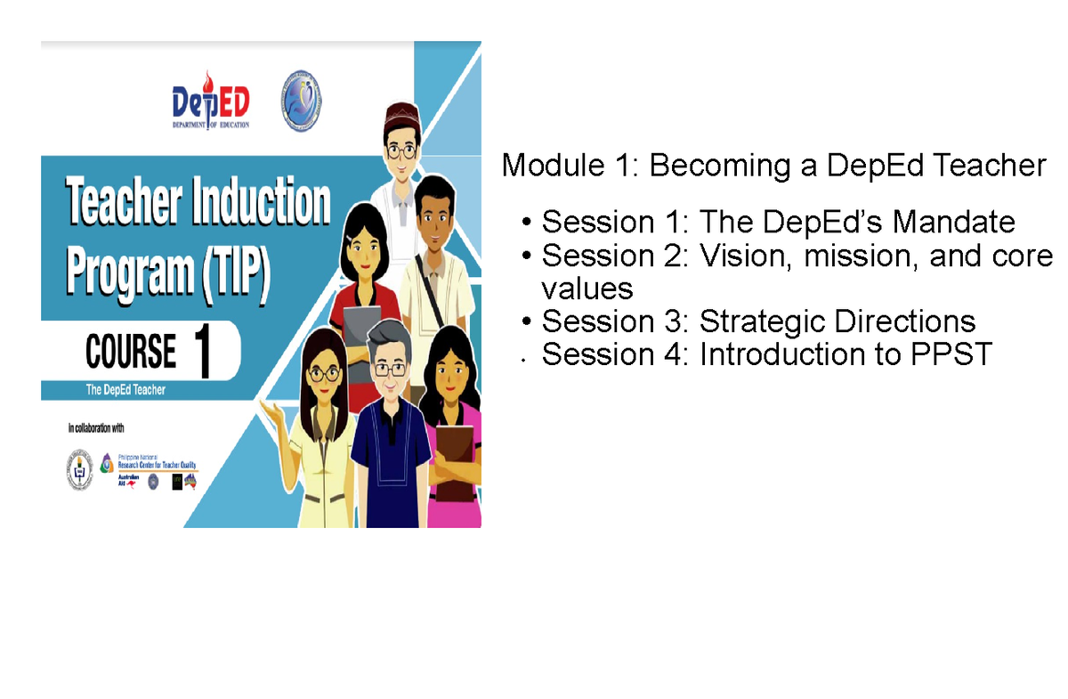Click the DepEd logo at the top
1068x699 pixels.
(210, 101)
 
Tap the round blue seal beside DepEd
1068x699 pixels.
(302, 99)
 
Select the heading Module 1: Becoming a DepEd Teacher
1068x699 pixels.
(773, 166)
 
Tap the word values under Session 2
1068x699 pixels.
(587, 289)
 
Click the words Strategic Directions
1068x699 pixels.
(837, 321)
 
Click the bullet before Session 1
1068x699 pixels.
(529, 222)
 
